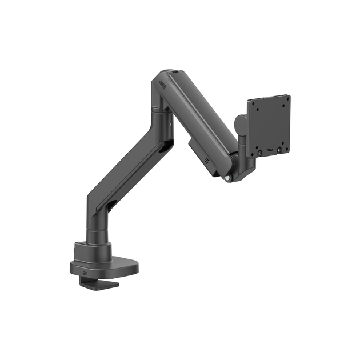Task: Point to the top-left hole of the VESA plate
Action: (255, 107)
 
